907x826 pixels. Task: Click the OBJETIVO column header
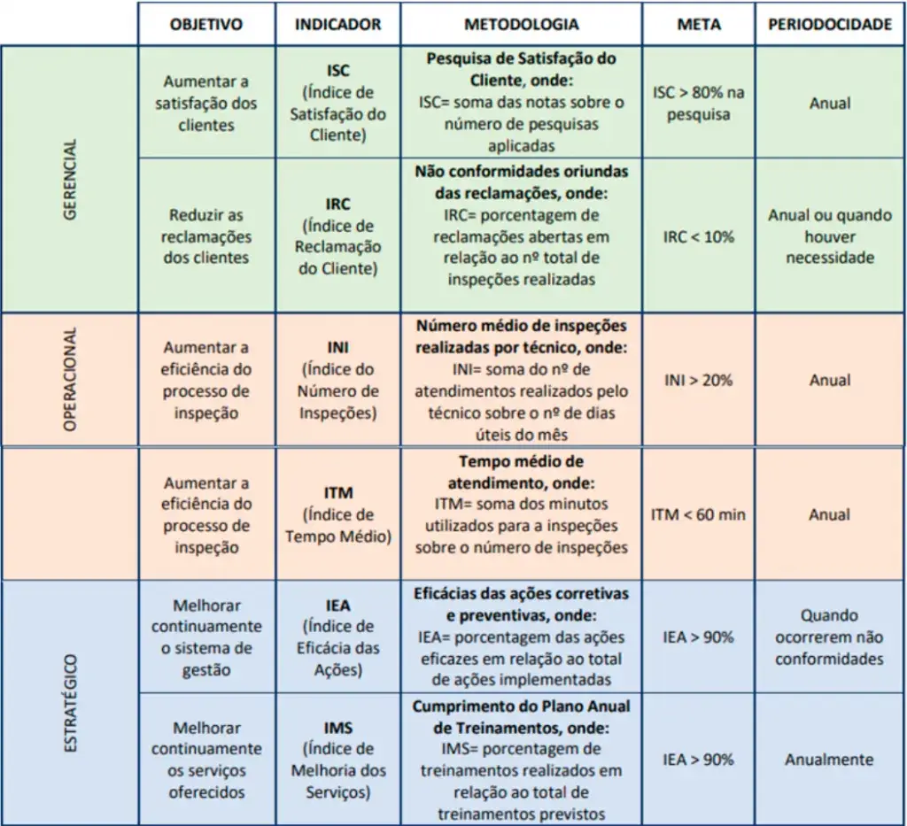coord(205,25)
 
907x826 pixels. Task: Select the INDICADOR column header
coord(337,25)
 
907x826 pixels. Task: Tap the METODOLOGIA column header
coord(521,25)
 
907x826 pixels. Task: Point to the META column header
coord(698,25)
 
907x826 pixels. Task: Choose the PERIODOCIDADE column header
coord(829,25)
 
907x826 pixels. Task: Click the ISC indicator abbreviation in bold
coord(337,70)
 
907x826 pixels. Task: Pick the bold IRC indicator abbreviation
coord(337,205)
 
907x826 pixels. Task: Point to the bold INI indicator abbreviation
coord(337,348)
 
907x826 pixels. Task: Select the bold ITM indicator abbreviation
coord(337,493)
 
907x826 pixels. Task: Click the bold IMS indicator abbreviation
coord(337,728)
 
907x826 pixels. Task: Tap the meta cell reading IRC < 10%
coord(698,237)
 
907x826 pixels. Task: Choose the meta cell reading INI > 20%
coord(698,381)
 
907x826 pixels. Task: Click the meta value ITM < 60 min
coord(698,514)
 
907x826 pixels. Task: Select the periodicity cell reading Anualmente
coord(829,760)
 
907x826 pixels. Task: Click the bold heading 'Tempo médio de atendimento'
coord(521,472)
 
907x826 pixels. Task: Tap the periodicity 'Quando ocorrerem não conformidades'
coord(829,637)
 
